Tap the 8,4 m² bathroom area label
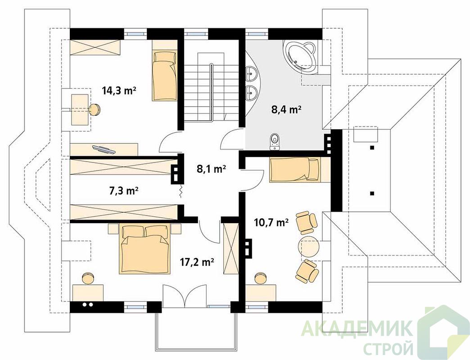click(286, 110)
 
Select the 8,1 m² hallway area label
click(211, 169)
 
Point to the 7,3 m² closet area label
click(123, 190)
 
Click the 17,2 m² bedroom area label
click(197, 262)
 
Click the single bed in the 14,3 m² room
click(164, 76)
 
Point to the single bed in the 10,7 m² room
click(295, 170)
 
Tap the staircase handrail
click(212, 93)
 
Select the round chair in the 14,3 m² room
click(95, 109)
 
